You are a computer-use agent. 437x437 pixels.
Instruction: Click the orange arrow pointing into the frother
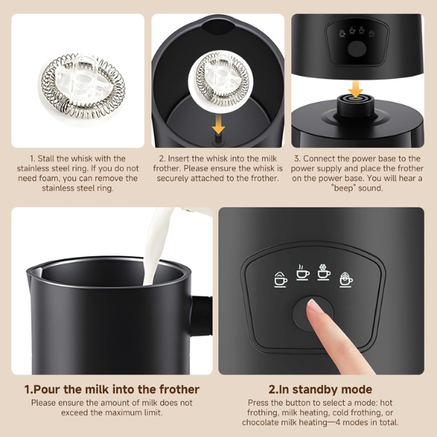click(219, 125)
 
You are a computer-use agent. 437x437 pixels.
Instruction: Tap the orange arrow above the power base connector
click(355, 89)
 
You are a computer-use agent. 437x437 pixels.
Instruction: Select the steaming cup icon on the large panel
click(302, 273)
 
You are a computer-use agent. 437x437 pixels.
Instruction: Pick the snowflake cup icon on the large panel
click(324, 272)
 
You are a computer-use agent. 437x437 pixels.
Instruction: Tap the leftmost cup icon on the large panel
click(280, 279)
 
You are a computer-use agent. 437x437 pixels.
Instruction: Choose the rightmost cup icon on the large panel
click(346, 279)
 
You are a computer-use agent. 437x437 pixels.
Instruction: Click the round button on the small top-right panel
click(357, 49)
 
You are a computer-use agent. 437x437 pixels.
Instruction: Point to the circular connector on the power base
click(355, 106)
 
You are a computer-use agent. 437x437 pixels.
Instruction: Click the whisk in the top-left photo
click(83, 86)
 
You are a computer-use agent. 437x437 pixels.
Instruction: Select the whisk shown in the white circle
click(221, 79)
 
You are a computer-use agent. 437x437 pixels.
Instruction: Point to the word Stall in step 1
click(45, 159)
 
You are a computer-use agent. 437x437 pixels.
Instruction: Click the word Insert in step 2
click(178, 159)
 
